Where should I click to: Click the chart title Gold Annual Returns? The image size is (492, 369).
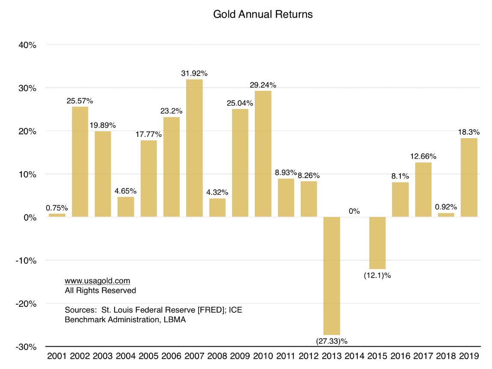coord(263,14)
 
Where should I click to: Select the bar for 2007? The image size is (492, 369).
coord(194,148)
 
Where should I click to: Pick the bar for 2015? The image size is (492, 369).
coord(377,243)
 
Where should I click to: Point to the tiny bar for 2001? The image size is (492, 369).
coord(57,215)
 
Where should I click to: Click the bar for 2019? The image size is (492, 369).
coord(469,178)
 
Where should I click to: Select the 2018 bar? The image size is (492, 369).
coord(446,215)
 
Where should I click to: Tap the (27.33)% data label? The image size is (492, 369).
coord(332,342)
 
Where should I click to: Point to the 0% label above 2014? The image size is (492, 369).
coord(354,211)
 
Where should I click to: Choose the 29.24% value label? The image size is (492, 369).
coord(263,85)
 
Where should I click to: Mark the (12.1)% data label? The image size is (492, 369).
coord(377,275)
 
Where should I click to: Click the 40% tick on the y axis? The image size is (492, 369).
coord(27,45)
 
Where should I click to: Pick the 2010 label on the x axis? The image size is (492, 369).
coord(263,356)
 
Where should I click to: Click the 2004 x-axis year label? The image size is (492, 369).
coord(125,356)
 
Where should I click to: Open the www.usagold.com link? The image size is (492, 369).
coord(97,281)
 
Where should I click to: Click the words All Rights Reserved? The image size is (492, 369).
coord(100,290)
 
